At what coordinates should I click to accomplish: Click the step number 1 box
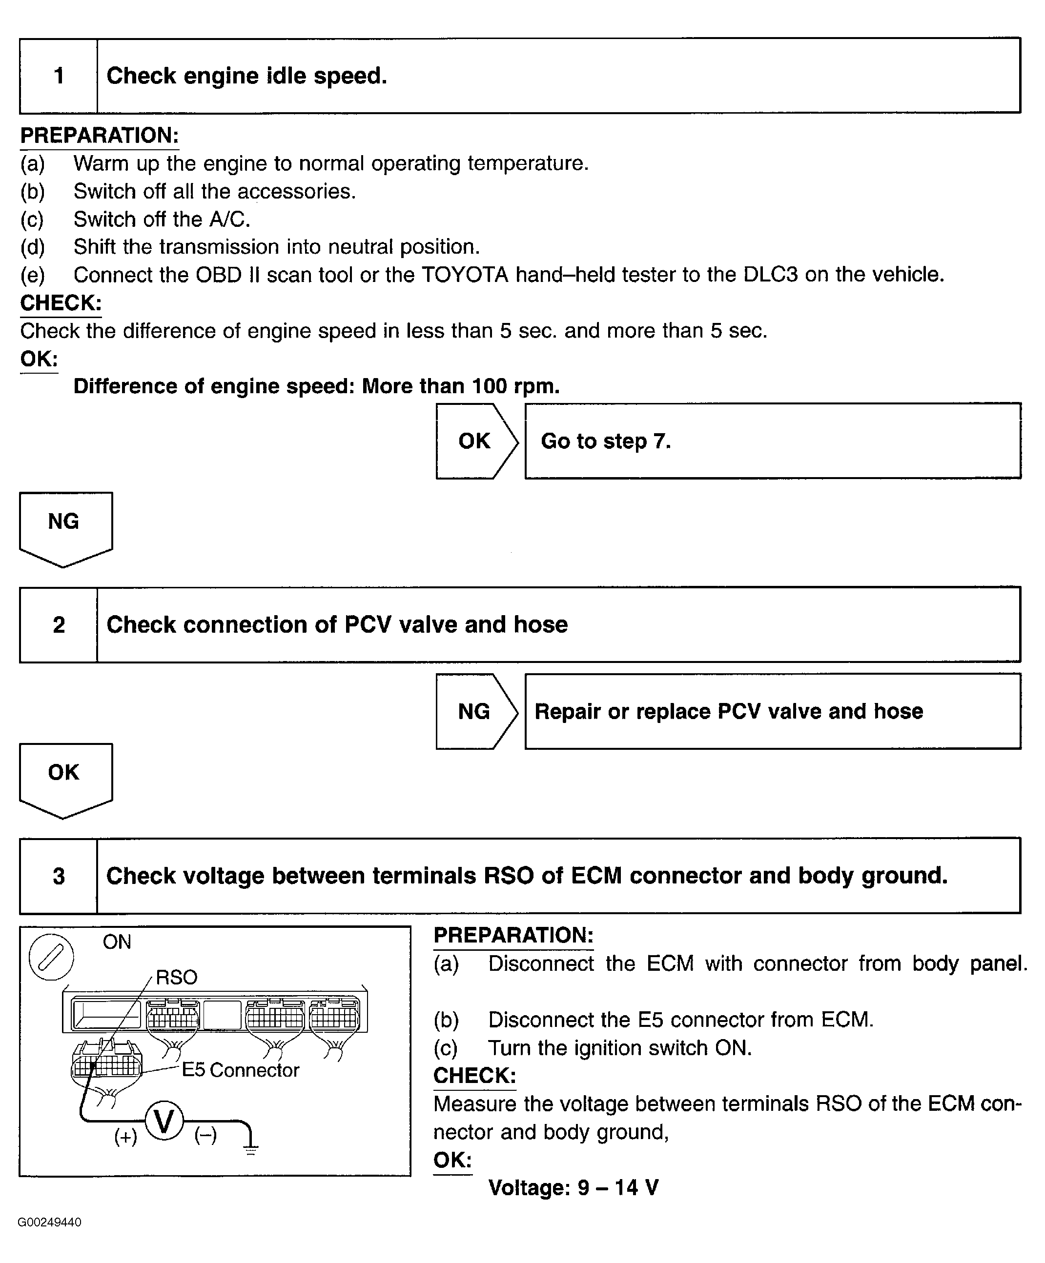click(x=59, y=76)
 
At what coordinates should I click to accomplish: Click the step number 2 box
click(x=59, y=625)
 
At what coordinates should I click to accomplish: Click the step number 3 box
click(x=59, y=876)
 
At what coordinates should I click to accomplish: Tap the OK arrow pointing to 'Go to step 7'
click(x=475, y=441)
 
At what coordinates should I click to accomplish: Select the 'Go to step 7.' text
click(x=605, y=441)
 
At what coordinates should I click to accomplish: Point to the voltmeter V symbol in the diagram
click(x=164, y=1121)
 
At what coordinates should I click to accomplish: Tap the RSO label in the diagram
click(x=176, y=977)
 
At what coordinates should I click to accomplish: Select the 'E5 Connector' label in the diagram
click(x=240, y=1070)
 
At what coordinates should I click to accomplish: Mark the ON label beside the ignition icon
click(x=117, y=942)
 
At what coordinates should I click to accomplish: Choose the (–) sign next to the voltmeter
click(x=205, y=1136)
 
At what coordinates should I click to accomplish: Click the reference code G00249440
click(x=49, y=1222)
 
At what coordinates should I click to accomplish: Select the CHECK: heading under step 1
click(x=61, y=302)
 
